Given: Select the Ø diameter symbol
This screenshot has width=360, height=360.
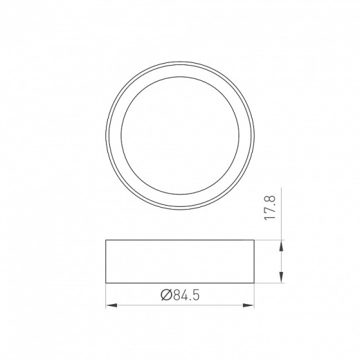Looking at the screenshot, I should (x=165, y=296).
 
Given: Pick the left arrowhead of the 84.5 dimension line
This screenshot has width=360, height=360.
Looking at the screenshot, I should (x=109, y=305).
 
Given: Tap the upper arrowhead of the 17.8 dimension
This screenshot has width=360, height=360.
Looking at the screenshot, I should (x=282, y=243).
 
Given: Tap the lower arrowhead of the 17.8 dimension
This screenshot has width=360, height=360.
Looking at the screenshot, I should (x=282, y=279).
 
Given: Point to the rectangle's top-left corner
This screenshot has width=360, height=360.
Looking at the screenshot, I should (x=106, y=240).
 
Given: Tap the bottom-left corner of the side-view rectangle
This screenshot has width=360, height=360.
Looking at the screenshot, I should (x=106, y=282).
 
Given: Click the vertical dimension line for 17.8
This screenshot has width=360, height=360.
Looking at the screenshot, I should (x=282, y=261).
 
